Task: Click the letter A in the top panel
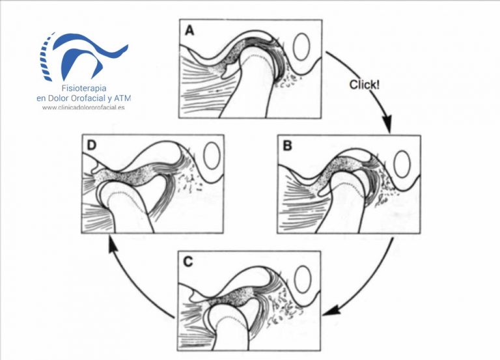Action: (x=189, y=31)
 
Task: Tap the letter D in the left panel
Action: (x=91, y=145)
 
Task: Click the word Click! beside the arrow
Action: (x=365, y=85)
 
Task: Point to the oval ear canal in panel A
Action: (x=302, y=47)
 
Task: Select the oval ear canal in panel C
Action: (x=303, y=279)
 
